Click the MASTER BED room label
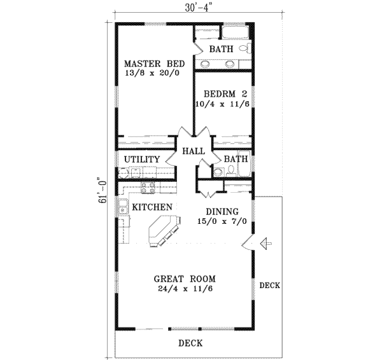click(x=155, y=64)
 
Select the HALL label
click(x=193, y=151)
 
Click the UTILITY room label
click(x=141, y=159)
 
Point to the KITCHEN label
click(x=152, y=207)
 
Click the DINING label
click(x=222, y=212)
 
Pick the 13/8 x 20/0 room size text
click(x=155, y=75)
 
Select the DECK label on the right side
click(x=269, y=286)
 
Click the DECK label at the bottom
click(x=190, y=343)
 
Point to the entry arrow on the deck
click(x=267, y=244)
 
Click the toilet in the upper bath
click(x=244, y=50)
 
